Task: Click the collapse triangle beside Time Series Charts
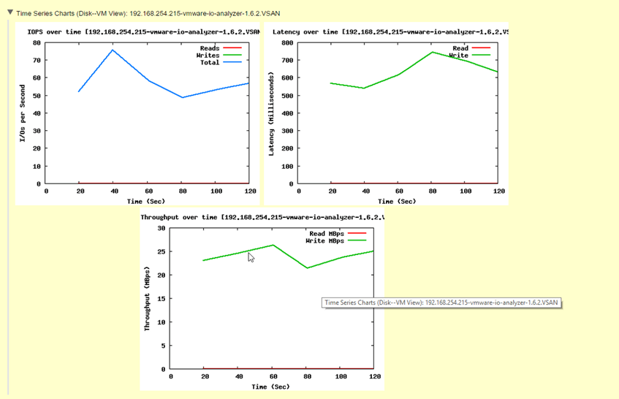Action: (10, 13)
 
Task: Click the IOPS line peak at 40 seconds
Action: (113, 50)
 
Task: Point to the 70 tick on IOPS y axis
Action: (37, 60)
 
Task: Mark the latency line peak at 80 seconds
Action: (432, 52)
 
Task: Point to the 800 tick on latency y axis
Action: (286, 42)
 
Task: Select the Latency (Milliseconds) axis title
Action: (271, 113)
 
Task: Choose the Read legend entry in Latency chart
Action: (460, 48)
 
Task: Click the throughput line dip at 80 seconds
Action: (308, 267)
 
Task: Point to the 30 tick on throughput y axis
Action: (160, 228)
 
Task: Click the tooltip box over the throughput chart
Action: (441, 302)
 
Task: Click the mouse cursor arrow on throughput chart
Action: (251, 257)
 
